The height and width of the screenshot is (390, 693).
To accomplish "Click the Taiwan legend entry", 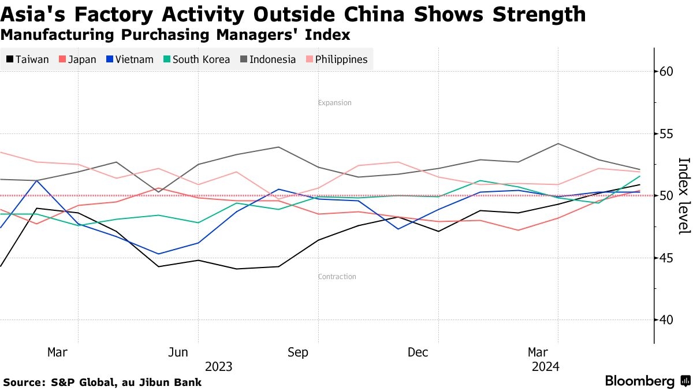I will pos(28,60).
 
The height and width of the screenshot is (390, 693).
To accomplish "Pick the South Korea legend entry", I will pos(196,60).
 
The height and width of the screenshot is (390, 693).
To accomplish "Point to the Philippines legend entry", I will pos(336,60).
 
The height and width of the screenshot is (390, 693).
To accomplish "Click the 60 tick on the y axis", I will pos(666,72).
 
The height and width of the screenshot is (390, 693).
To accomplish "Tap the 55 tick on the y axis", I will pos(666,134).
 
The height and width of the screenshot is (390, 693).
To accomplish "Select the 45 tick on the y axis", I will pos(666,258).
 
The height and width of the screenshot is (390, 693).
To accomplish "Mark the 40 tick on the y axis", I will pos(666,320).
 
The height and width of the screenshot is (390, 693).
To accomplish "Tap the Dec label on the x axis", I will pos(418,352).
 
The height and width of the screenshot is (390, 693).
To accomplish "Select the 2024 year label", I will pos(545,367).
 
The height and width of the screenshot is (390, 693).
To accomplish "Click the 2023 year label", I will pos(219,367).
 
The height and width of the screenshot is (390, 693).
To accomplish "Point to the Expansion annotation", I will pos(335,103).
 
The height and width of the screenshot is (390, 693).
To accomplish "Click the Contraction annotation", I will pos(337,277).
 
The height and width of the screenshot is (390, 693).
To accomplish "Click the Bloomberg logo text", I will pos(640,381).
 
